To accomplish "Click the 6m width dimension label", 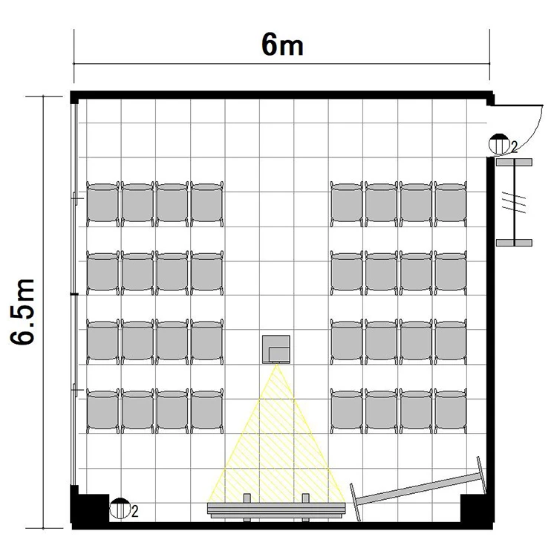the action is click(x=282, y=46).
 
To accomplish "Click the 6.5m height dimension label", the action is click(x=22, y=312).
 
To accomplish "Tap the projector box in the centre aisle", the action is click(x=276, y=349).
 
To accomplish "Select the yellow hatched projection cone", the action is click(x=277, y=434).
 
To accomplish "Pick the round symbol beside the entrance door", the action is click(x=499, y=145).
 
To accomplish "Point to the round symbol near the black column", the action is click(x=120, y=508).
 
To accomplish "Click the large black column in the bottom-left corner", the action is click(x=90, y=504).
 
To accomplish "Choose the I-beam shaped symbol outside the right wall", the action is click(x=514, y=203).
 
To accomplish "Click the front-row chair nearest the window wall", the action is click(x=103, y=412).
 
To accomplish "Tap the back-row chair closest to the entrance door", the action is click(x=451, y=204).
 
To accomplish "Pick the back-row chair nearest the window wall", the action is click(x=103, y=204).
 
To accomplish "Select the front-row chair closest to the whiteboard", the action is click(x=451, y=412).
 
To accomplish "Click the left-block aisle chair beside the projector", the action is click(x=207, y=342).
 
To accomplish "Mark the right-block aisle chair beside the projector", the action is click(x=347, y=342).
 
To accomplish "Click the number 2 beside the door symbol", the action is click(x=514, y=146).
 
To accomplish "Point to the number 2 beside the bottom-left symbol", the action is click(x=134, y=512).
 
